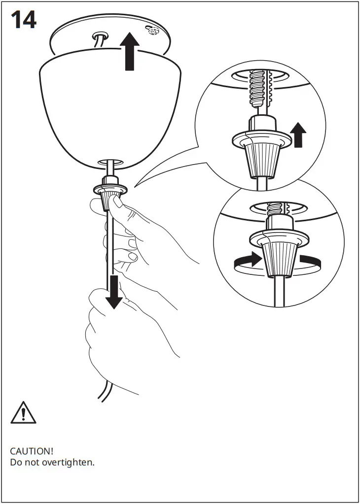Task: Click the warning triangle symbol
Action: tap(23, 412)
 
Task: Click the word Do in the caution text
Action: tap(16, 463)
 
